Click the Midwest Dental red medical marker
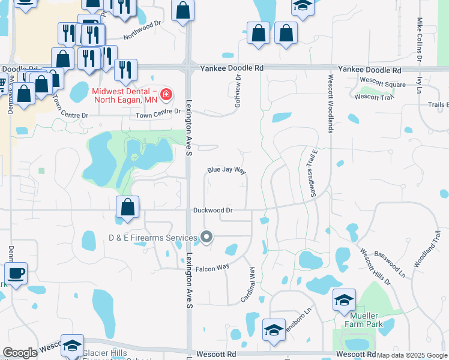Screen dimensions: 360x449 (x=165, y=95)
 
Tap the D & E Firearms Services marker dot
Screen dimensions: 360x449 (x=206, y=238)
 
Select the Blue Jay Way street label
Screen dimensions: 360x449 (x=227, y=170)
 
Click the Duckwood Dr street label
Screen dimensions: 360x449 (x=212, y=211)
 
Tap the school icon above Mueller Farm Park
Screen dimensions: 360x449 (x=345, y=300)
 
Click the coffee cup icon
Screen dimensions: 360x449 (x=16, y=274)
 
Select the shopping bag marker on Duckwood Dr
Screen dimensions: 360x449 (x=128, y=208)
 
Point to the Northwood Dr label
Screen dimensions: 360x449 (x=143, y=30)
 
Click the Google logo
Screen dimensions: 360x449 (x=20, y=353)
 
